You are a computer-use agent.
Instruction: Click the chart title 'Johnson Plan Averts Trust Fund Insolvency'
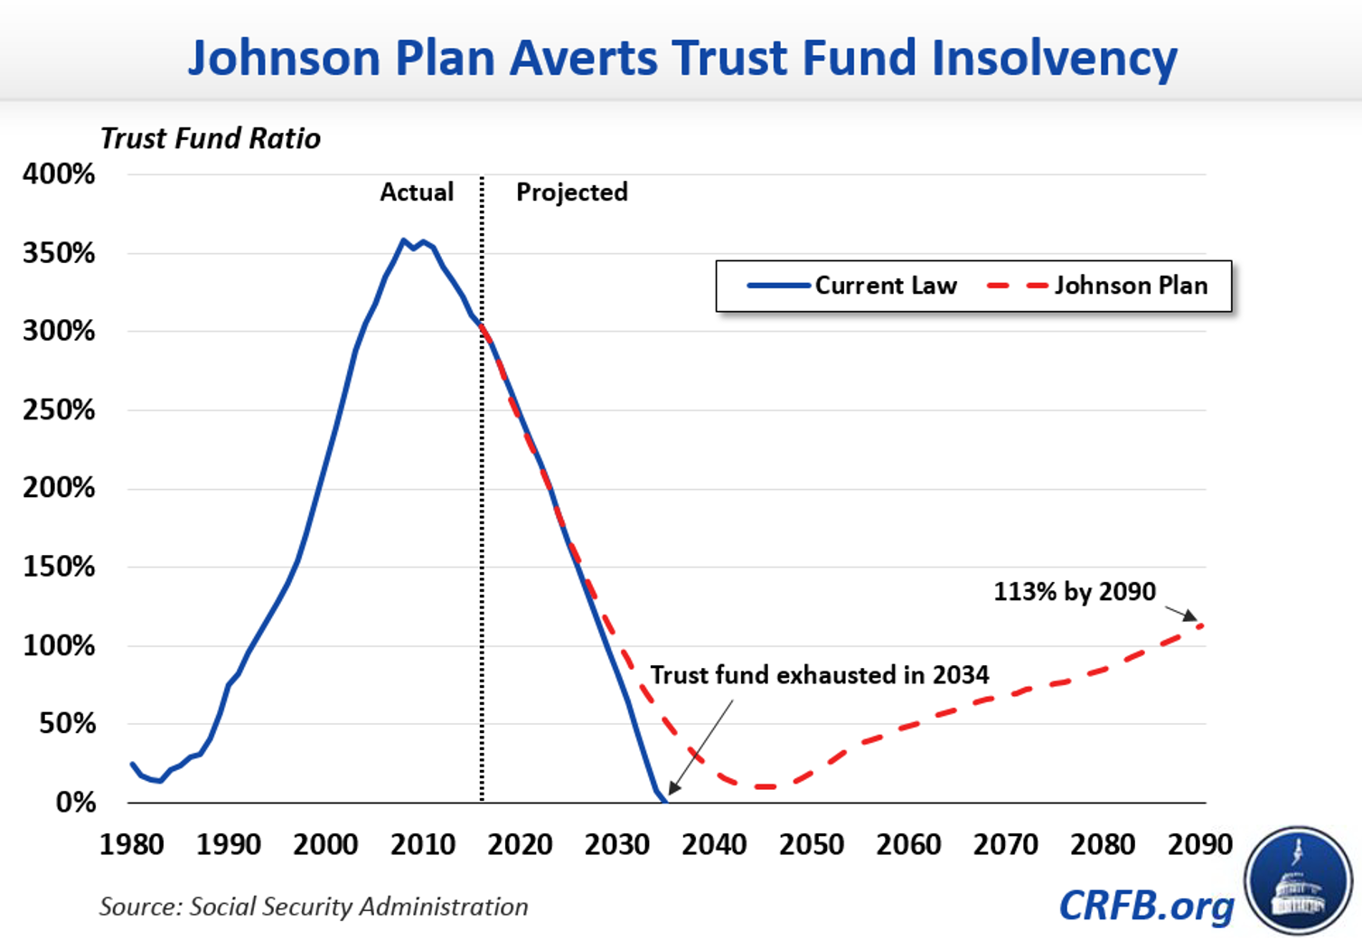[682, 57]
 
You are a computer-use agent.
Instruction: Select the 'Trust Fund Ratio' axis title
[210, 138]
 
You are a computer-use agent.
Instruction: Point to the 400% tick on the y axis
[59, 174]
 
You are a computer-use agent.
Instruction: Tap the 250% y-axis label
[59, 409]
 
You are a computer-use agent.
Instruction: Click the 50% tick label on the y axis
[67, 723]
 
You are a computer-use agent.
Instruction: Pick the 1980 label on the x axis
[131, 844]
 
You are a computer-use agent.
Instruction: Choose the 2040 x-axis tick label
[714, 844]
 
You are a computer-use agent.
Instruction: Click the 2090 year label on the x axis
[1199, 844]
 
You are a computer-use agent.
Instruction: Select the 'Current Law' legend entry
[852, 286]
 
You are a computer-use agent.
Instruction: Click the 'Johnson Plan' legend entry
[1098, 286]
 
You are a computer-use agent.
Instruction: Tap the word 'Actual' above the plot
[417, 192]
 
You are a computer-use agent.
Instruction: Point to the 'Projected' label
[571, 192]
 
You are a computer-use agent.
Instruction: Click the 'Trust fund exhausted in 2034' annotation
[820, 675]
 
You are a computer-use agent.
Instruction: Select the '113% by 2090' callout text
[1075, 591]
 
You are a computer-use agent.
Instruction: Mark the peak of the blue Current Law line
[404, 240]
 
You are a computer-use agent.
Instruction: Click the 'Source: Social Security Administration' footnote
[314, 907]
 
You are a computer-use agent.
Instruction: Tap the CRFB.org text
[1146, 906]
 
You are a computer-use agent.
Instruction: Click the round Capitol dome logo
[1298, 880]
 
